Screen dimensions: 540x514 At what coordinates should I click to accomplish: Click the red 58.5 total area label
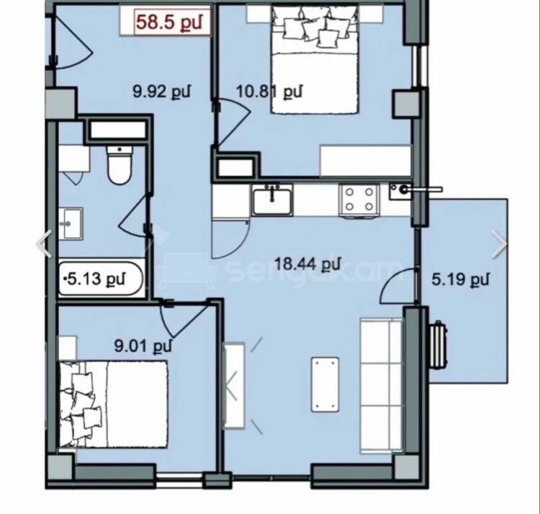click(168, 22)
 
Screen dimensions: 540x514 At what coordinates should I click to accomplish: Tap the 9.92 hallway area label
click(161, 91)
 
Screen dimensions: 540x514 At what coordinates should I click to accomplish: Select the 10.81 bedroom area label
click(269, 91)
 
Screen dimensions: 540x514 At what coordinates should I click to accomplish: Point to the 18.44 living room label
click(307, 264)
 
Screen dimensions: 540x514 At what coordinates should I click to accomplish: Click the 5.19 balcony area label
click(461, 279)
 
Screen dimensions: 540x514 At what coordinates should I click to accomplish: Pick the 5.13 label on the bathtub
click(95, 278)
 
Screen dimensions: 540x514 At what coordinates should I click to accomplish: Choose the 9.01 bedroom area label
click(143, 346)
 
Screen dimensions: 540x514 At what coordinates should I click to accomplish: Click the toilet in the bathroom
click(120, 165)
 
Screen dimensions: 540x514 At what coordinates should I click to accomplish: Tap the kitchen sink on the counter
click(272, 200)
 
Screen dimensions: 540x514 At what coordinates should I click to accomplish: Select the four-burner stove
click(359, 201)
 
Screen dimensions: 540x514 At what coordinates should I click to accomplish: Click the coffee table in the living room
click(325, 384)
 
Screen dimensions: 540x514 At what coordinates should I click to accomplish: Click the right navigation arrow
click(499, 244)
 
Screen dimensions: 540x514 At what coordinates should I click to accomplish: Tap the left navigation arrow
click(44, 243)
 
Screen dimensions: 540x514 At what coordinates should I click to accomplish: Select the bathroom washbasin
click(71, 224)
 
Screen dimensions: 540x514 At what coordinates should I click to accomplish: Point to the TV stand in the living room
click(234, 385)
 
